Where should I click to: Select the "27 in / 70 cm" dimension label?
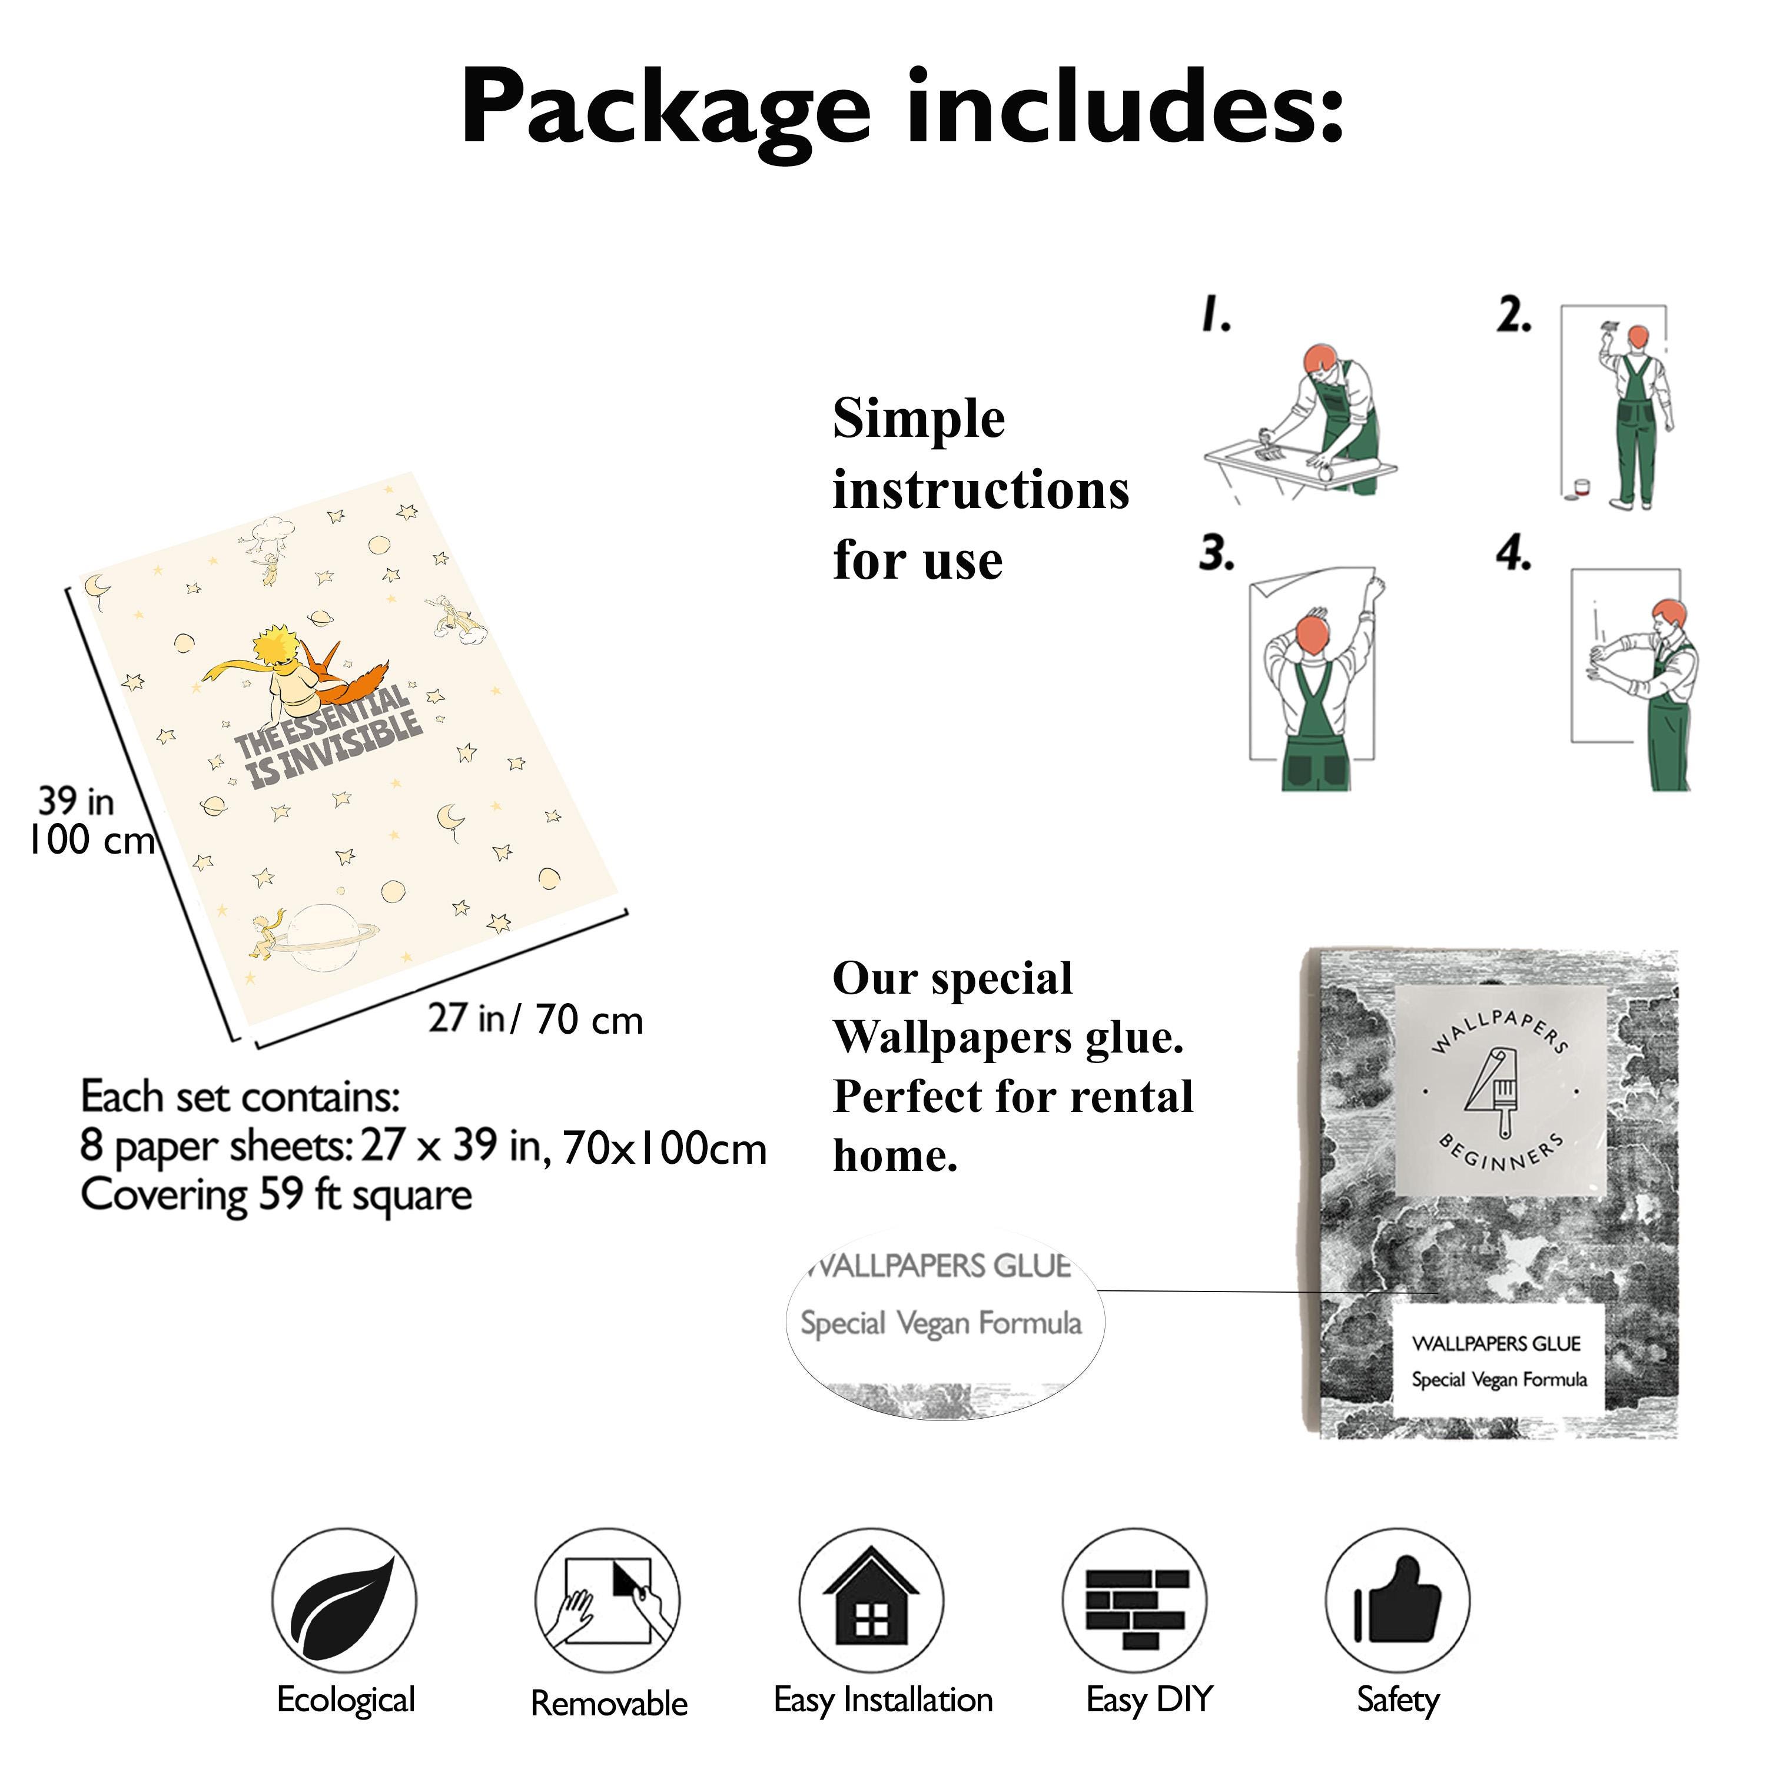pyautogui.click(x=536, y=1019)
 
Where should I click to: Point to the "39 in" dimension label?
pyautogui.click(x=76, y=802)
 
